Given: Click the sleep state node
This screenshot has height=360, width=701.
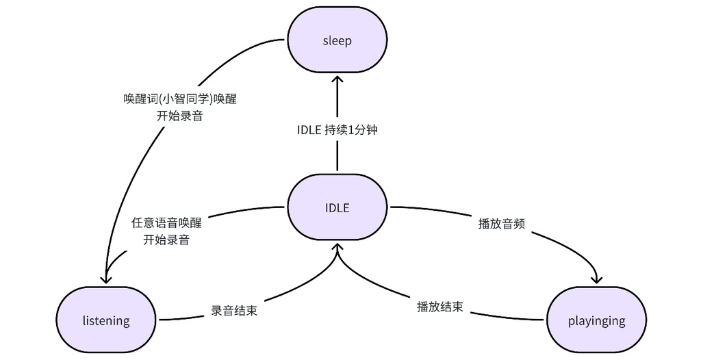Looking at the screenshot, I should click(x=337, y=41).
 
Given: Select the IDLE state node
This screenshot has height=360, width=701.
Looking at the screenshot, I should click(x=337, y=208).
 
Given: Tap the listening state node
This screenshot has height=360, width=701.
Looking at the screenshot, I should click(x=106, y=320).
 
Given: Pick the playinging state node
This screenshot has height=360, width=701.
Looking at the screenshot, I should click(x=596, y=320).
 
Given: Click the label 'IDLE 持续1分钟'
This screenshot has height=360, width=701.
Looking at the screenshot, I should click(x=337, y=131).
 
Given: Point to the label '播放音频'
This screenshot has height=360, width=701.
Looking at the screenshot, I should click(x=502, y=223).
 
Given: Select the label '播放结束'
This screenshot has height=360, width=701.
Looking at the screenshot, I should click(x=440, y=306).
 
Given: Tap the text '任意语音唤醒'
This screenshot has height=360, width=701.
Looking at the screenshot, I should click(x=166, y=223).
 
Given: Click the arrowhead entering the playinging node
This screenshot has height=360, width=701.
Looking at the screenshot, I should click(x=596, y=279).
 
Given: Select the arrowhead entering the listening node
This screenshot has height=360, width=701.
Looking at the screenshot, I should click(x=105, y=279).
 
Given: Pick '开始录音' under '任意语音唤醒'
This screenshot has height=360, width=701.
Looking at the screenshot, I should click(x=166, y=240).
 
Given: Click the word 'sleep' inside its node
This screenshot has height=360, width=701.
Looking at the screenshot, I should click(x=337, y=41).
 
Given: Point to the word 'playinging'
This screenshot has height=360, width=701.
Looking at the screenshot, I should click(x=596, y=320).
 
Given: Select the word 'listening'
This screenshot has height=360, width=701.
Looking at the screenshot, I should click(x=106, y=320).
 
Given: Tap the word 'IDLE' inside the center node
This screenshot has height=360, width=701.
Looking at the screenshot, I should click(x=337, y=208).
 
